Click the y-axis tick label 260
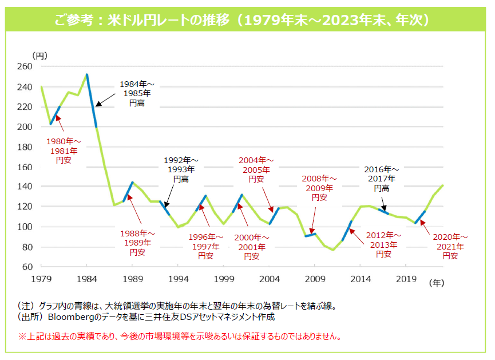[x=25, y=66]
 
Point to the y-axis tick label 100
[x=25, y=227]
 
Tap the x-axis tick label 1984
[x=86, y=279]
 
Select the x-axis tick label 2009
[x=314, y=279]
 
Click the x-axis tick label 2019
[x=405, y=279]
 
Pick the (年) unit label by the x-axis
[x=437, y=282]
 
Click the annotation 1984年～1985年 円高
[x=136, y=93]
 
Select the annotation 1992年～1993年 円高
[x=181, y=169]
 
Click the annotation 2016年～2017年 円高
[x=382, y=179]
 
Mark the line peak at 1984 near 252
[x=87, y=74]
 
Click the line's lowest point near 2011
[x=333, y=250]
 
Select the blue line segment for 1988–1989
[x=128, y=192]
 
